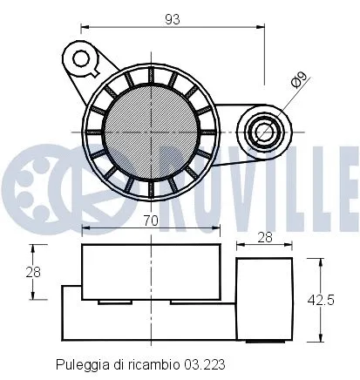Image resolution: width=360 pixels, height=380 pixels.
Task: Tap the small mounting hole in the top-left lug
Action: [83, 59]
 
